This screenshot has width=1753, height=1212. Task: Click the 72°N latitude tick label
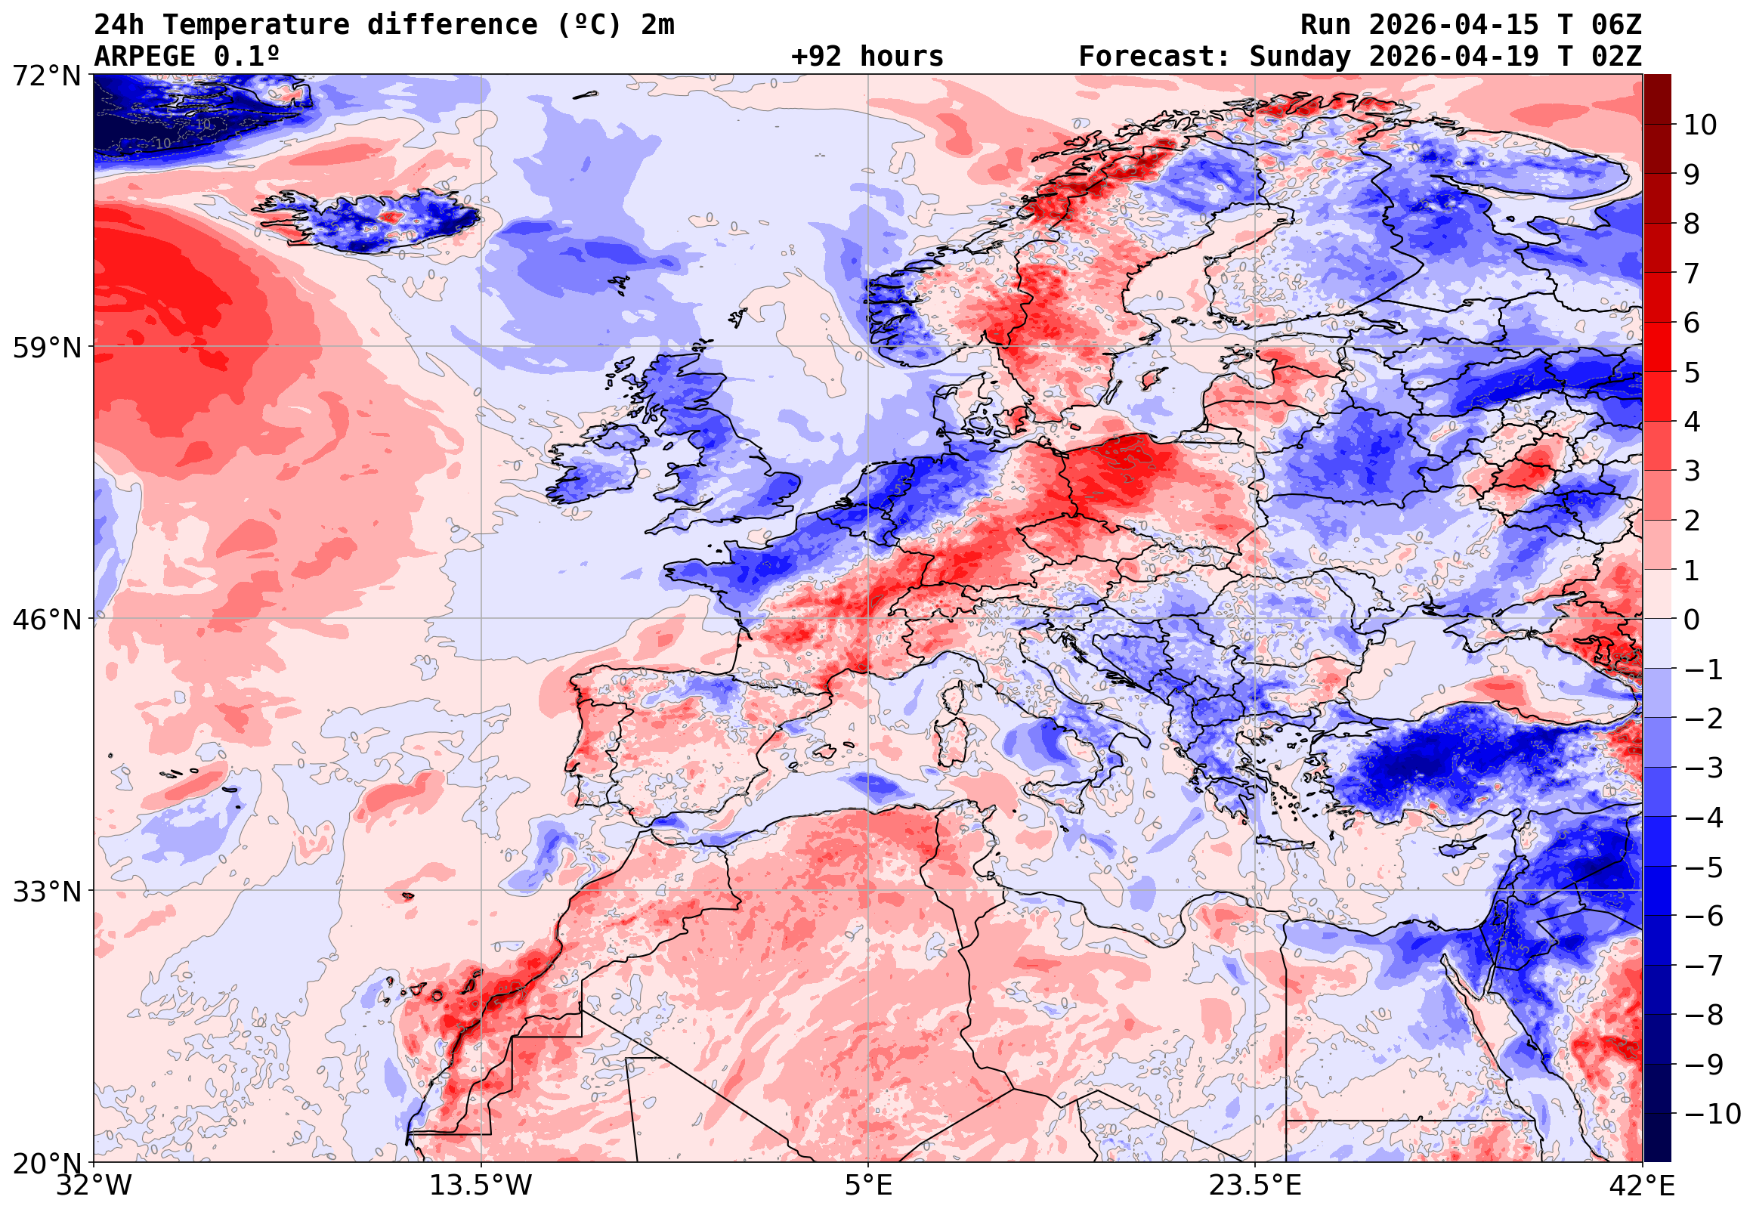tap(46, 76)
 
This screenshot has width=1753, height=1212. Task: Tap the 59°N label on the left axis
tap(46, 348)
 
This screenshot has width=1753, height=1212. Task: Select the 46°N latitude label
tap(46, 620)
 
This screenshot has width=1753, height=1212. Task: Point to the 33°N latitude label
tap(46, 892)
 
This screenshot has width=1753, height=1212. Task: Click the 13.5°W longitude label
tap(481, 1186)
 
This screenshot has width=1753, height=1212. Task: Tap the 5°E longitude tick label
tap(868, 1186)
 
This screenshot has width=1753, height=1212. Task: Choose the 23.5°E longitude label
tap(1255, 1186)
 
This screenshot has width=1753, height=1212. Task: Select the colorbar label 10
tap(1700, 125)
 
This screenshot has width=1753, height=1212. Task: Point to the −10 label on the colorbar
tap(1712, 1114)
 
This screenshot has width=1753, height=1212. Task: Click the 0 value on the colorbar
tap(1692, 620)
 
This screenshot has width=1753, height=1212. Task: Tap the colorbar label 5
tap(1692, 373)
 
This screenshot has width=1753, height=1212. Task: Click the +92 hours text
tap(867, 57)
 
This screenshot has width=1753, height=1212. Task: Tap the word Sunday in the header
tap(1300, 57)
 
